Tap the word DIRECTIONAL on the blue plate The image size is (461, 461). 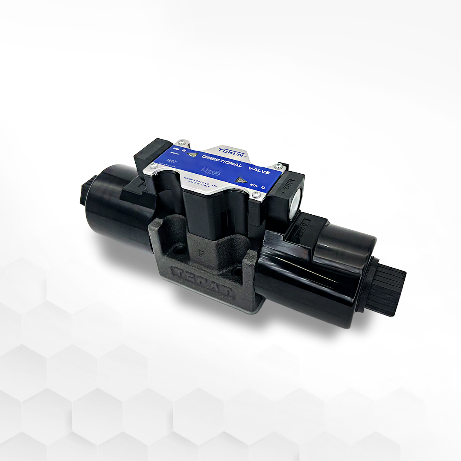point(222,161)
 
